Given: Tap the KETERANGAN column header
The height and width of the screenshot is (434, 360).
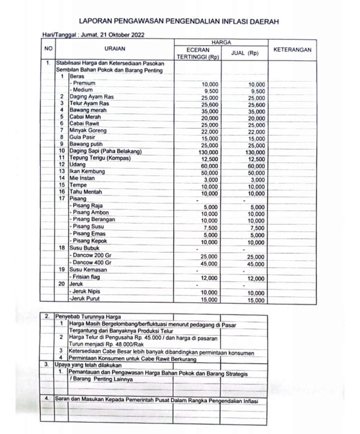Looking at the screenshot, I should click(x=292, y=50).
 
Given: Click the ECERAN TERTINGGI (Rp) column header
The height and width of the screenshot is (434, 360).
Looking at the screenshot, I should click(x=198, y=53).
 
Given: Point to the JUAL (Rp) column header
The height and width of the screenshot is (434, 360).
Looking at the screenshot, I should click(x=244, y=53).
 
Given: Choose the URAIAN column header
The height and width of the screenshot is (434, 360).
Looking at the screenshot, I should click(x=115, y=49).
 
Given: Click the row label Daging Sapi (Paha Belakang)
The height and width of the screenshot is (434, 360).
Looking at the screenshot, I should click(x=106, y=151).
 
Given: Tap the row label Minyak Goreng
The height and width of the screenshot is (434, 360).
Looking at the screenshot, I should click(x=88, y=131).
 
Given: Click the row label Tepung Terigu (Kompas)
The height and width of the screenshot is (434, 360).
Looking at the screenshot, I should click(x=100, y=158).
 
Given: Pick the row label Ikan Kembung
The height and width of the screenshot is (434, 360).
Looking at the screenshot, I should click(x=87, y=171).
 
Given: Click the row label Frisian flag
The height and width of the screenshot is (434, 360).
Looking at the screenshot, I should click(x=86, y=277).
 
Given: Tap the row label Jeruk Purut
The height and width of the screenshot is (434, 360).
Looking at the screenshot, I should click(x=85, y=299).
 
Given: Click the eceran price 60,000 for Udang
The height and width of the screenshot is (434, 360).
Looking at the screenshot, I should click(x=210, y=166).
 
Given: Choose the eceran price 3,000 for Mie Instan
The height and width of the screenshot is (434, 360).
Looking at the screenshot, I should click(x=211, y=180).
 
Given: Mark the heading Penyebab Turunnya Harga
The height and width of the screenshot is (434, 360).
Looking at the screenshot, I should click(x=88, y=317).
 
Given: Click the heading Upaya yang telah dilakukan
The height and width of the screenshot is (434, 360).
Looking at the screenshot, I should click(x=88, y=365).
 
